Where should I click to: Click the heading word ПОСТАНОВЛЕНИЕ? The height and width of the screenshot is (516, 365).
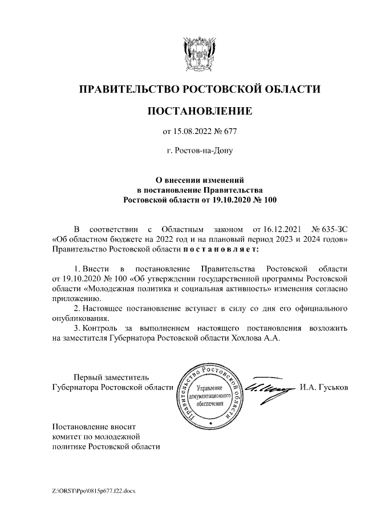(199, 111)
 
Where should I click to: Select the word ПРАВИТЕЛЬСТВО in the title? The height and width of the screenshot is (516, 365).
(128, 89)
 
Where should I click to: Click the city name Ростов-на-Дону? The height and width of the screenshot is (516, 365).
(199, 151)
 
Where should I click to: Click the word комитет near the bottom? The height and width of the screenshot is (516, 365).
(67, 436)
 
